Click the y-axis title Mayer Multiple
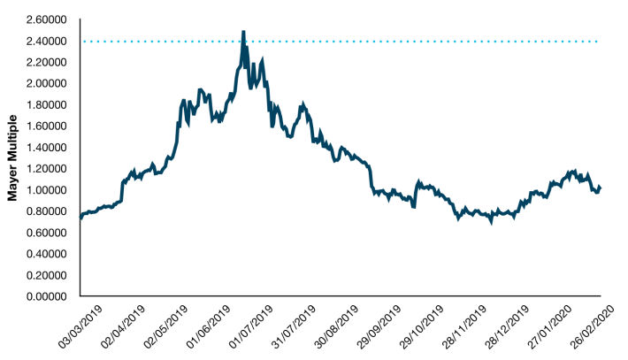pyautogui.click(x=12, y=157)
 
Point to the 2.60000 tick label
pyautogui.click(x=47, y=19)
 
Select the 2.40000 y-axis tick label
pyautogui.click(x=47, y=42)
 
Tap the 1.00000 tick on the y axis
pyautogui.click(x=47, y=190)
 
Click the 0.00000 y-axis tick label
pyautogui.click(x=47, y=296)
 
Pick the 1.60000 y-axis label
pyautogui.click(x=47, y=126)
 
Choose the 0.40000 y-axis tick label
pyautogui.click(x=47, y=254)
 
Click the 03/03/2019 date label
pyautogui.click(x=80, y=326)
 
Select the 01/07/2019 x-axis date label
pyautogui.click(x=251, y=326)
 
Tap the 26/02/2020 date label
pyautogui.click(x=593, y=326)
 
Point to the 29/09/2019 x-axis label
pyautogui.click(x=379, y=326)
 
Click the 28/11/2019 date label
pyautogui.click(x=464, y=326)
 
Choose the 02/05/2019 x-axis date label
pyautogui.click(x=165, y=326)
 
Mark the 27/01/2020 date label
pyautogui.click(x=549, y=326)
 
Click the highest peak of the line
pyautogui.click(x=243, y=32)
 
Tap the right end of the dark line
pyautogui.click(x=600, y=188)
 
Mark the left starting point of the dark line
pyautogui.click(x=80, y=217)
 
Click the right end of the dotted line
pyautogui.click(x=597, y=42)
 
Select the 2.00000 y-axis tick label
pyautogui.click(x=47, y=84)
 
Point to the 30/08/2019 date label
pyautogui.click(x=336, y=326)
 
